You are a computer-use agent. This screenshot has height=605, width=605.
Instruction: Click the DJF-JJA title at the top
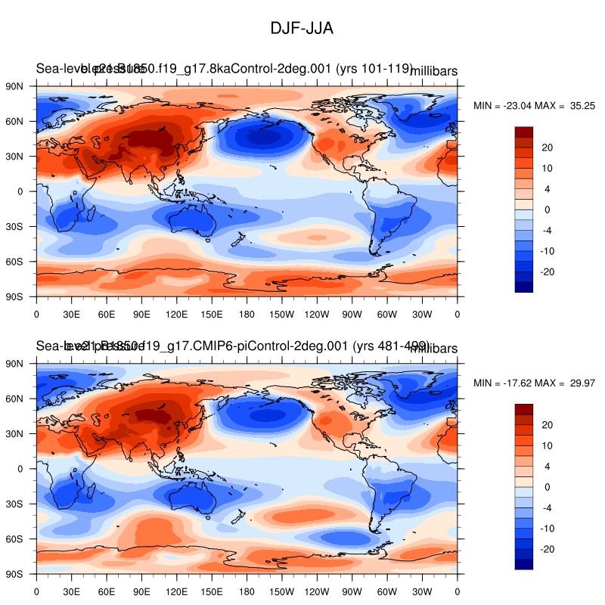pos(302,28)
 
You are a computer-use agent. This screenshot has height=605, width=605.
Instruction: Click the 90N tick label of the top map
pos(16,85)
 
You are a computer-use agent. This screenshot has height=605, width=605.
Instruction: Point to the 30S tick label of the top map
pos(16,226)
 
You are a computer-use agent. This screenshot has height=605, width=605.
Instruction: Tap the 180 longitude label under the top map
pos(247,313)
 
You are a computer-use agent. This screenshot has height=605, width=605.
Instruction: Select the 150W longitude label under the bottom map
pos(281,591)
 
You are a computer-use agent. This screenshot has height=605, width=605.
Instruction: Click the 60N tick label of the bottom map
pos(16,399)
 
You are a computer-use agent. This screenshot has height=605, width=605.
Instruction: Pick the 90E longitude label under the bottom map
pos(107,591)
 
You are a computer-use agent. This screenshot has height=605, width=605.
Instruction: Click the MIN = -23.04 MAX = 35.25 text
pos(535,106)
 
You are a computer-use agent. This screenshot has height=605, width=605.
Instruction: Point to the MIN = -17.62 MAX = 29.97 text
pos(535,383)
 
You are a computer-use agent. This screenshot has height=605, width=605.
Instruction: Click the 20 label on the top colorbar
pos(548,147)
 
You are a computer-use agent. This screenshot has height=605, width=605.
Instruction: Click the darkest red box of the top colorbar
pos(524,132)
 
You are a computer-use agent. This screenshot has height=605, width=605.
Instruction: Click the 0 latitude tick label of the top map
pos(20,191)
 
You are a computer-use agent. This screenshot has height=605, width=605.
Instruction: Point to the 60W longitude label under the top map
pos(386,313)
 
